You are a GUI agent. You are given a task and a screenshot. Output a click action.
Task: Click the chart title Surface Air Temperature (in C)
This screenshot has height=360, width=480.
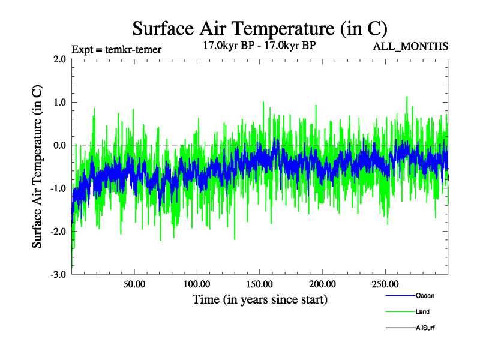[259, 28]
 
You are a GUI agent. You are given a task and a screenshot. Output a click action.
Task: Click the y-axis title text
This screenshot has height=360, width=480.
[37, 167]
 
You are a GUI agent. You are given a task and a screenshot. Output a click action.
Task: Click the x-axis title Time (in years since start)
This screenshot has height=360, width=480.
[260, 299]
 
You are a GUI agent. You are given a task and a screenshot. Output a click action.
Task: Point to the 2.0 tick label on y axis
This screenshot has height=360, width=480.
[59, 59]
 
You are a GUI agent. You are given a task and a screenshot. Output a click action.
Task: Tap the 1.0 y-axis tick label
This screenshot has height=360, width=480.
[59, 102]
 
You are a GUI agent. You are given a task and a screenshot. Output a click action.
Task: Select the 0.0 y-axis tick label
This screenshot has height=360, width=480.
[59, 145]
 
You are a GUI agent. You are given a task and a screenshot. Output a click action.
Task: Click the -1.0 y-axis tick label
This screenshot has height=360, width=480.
[58, 188]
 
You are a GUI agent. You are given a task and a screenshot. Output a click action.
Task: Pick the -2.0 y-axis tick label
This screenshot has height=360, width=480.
[58, 232]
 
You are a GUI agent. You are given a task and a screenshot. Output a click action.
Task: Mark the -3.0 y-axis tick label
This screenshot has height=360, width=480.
[58, 275]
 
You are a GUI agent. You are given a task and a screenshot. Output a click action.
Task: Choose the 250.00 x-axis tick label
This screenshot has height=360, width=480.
[385, 284]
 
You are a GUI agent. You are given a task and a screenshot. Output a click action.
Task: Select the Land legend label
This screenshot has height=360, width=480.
[422, 312]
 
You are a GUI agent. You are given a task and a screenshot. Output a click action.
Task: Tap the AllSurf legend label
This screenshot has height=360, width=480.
[425, 328]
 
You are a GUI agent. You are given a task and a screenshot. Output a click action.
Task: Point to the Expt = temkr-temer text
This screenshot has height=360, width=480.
[116, 49]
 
